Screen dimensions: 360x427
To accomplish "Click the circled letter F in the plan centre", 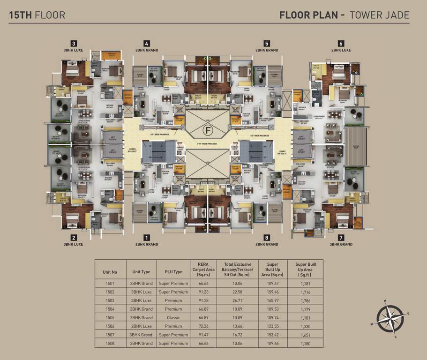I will (207, 130).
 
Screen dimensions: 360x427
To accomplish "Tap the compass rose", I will (390, 318).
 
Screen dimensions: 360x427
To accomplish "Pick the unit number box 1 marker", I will (147, 237).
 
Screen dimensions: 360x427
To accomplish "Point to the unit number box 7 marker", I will (341, 237).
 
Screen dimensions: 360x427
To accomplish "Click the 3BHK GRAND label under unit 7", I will (341, 244).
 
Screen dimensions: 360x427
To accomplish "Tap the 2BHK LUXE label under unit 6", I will (341, 50).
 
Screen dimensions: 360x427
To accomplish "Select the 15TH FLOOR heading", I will (37, 15).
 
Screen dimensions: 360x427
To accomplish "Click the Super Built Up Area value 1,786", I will (304, 300).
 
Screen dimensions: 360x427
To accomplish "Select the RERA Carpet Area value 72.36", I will (203, 326).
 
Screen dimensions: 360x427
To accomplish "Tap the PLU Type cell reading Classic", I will (173, 318).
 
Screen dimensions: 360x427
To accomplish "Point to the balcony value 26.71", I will (237, 300).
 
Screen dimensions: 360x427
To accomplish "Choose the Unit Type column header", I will (141, 271).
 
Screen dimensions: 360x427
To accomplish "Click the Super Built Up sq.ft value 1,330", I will (304, 326).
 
